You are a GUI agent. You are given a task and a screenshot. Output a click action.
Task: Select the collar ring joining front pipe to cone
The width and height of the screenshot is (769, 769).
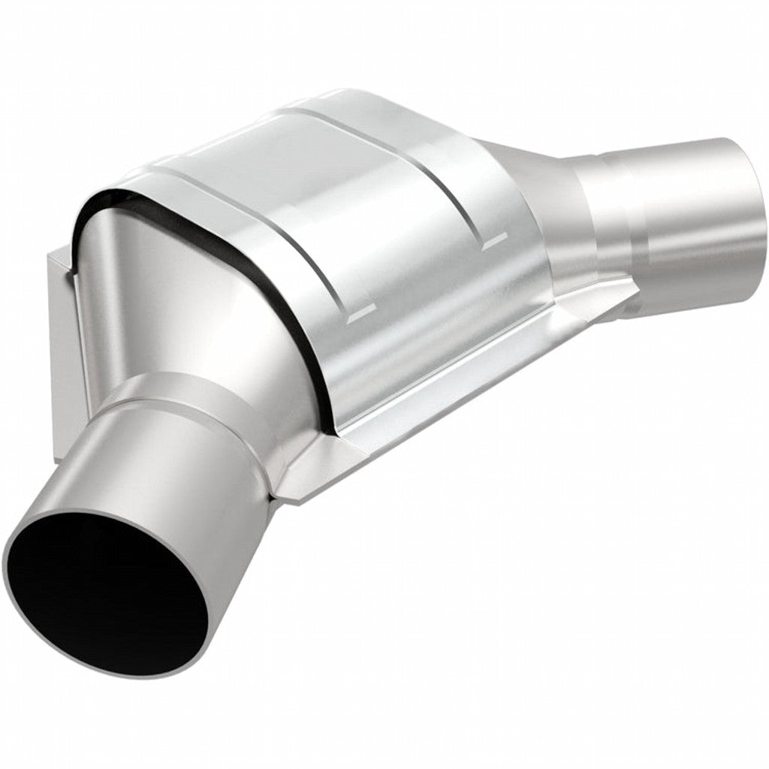click(188, 398)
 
